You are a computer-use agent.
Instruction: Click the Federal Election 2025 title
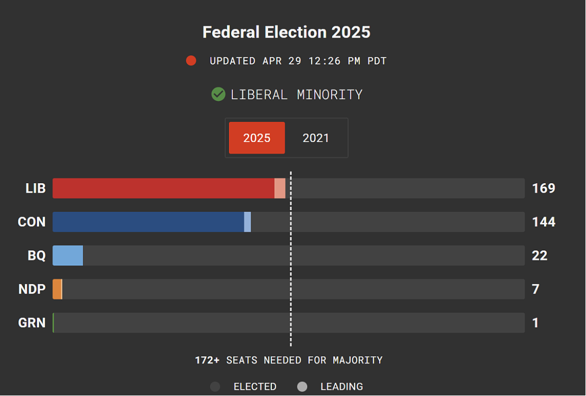(286, 32)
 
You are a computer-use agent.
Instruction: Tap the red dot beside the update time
(191, 61)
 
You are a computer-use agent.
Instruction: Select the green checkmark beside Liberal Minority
(218, 94)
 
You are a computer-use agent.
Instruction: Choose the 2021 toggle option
(316, 138)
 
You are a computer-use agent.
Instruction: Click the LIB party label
(35, 188)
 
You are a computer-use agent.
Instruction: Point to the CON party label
(32, 222)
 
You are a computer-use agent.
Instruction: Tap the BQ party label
(37, 255)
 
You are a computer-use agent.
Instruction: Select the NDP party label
(32, 289)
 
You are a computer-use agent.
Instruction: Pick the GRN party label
(32, 322)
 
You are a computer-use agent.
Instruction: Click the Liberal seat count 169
(544, 188)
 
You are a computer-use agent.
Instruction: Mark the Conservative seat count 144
(544, 222)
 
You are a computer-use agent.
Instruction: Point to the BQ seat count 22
(540, 255)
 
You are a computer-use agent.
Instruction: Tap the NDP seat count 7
(536, 289)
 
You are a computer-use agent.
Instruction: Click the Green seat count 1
(536, 322)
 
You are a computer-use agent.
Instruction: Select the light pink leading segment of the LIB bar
(280, 188)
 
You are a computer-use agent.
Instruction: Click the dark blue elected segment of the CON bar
(148, 222)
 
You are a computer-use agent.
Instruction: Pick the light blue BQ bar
(68, 255)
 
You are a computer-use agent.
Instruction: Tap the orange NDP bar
(57, 289)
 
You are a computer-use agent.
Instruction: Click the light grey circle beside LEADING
(302, 386)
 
